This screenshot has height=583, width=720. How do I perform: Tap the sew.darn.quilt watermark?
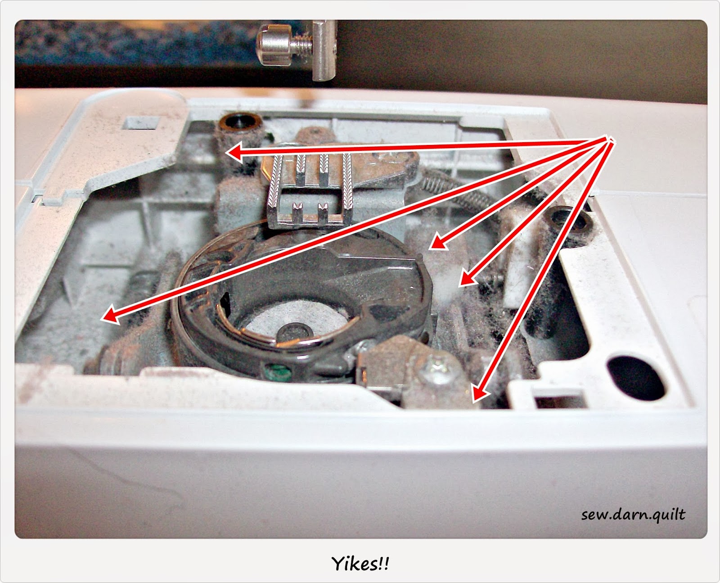pos(633,515)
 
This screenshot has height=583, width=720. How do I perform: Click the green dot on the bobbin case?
pos(278,371)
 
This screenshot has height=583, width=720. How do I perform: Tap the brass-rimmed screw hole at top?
pos(240,122)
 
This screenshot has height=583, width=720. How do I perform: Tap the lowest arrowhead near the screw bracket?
pos(481,392)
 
